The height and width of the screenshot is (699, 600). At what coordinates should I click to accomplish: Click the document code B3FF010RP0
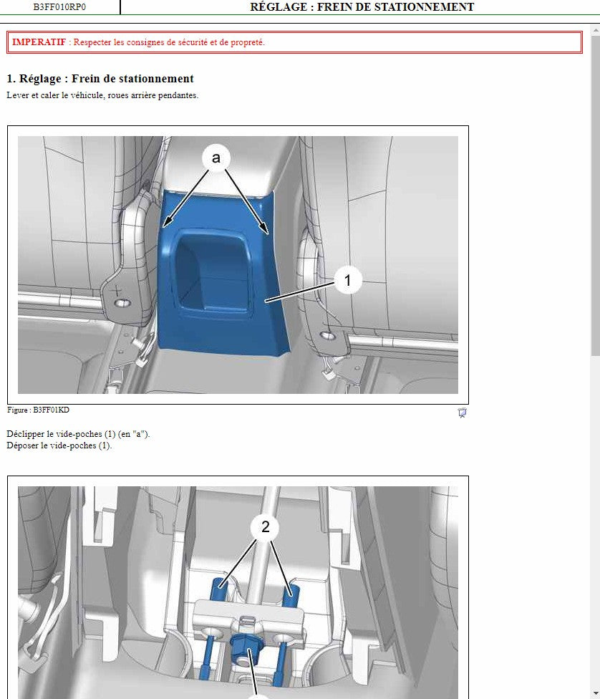tap(59, 6)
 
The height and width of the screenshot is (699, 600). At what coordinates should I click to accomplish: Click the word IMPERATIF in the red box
tap(39, 42)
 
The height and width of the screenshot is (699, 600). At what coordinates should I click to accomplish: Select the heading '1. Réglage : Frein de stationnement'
tap(100, 79)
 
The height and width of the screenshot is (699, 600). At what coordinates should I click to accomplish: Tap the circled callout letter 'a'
tap(216, 158)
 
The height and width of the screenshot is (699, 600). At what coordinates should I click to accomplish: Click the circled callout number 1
tap(348, 280)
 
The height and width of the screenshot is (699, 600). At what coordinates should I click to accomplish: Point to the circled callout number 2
tap(265, 527)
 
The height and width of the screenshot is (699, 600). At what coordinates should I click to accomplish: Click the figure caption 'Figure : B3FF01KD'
tap(39, 410)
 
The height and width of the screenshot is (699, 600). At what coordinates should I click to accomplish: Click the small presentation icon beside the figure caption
tap(463, 413)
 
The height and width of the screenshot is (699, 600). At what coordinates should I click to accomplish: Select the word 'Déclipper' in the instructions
tap(25, 434)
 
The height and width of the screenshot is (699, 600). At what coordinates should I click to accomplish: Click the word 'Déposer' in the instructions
tap(23, 445)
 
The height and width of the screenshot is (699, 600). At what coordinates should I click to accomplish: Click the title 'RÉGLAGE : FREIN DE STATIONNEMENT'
tap(362, 7)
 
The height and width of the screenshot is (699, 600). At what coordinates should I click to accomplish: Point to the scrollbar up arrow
tap(596, 30)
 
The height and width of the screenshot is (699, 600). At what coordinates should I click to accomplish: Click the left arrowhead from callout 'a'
tap(167, 221)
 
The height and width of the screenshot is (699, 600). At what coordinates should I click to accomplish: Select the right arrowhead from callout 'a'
tap(265, 228)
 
